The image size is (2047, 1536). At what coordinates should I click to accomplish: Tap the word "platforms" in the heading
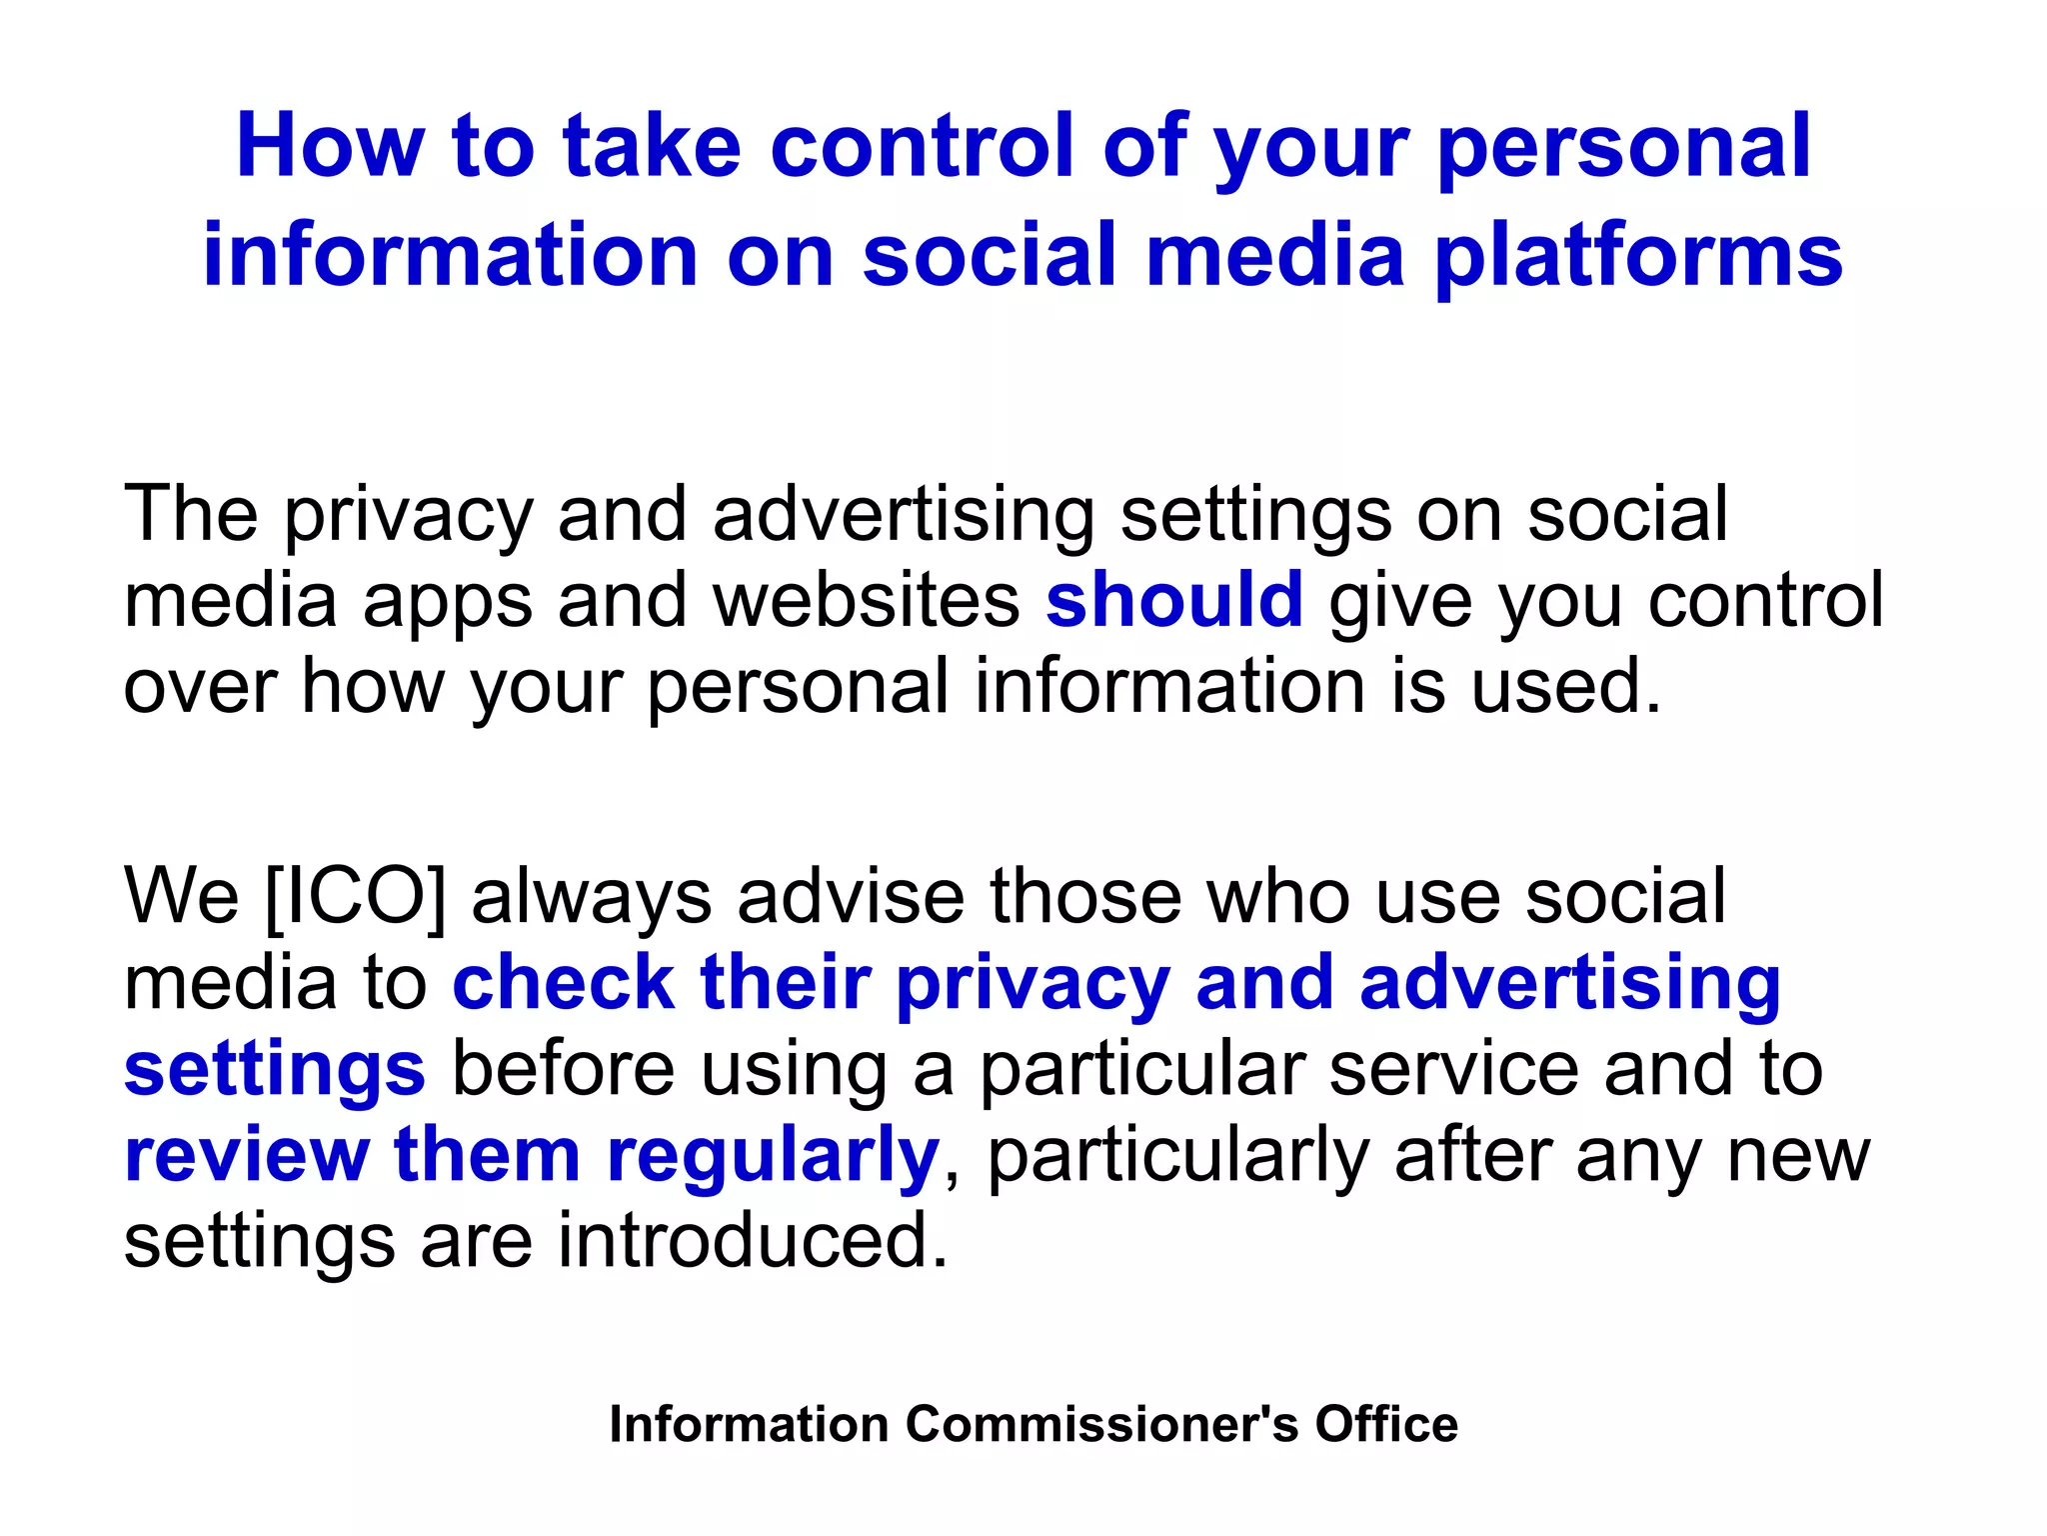coord(1638,257)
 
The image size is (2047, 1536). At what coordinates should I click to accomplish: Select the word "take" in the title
coord(652,147)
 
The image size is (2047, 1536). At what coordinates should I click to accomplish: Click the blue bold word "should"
coord(1174,600)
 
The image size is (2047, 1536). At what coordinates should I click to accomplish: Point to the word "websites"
coord(867,600)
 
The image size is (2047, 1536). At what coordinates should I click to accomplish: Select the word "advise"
coord(851,895)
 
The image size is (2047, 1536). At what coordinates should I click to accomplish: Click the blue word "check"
coord(564,982)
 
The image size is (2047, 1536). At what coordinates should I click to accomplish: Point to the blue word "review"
coord(247,1155)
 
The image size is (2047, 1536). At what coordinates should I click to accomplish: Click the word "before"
coord(564,1069)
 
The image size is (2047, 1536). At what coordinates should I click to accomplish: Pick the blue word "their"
coord(786,982)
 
